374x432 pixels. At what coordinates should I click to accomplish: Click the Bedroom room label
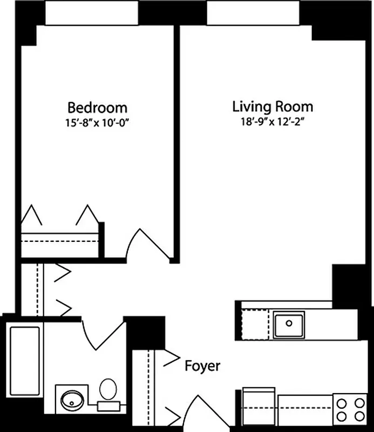point(97,106)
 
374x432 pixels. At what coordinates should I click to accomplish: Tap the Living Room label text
point(272,105)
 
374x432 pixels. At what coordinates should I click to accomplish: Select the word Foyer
point(202,366)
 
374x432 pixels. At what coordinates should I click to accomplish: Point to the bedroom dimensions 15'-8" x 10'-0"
point(97,122)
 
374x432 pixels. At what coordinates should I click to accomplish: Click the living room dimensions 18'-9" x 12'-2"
point(273,121)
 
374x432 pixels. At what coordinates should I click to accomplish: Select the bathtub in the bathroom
point(24,361)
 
